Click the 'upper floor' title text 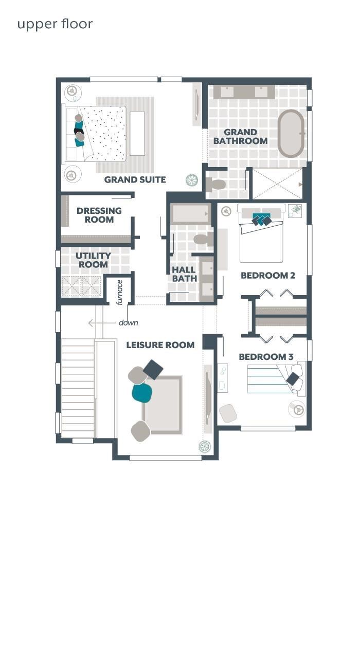click(55, 24)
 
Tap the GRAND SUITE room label click(135, 179)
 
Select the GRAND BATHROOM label click(241, 136)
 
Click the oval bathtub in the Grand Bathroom click(291, 133)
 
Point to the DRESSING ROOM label click(99, 215)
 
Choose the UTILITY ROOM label click(93, 260)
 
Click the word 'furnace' click(119, 292)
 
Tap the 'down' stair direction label click(128, 323)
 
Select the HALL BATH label click(184, 274)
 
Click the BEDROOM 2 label click(267, 276)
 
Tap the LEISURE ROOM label click(160, 345)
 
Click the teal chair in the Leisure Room click(142, 393)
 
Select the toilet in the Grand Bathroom click(216, 184)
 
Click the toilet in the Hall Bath click(203, 239)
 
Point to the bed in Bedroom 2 click(261, 239)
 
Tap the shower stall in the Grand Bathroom click(277, 184)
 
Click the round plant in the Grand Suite click(192, 179)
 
